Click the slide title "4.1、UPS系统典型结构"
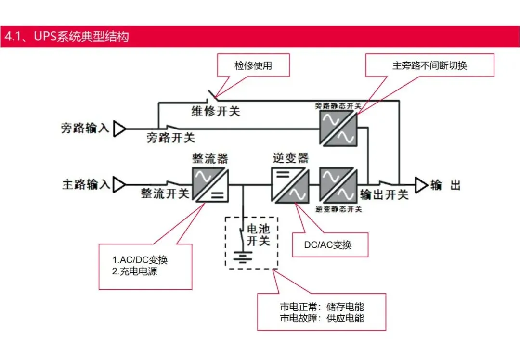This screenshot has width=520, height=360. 66,37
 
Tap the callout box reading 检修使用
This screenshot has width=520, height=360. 253,65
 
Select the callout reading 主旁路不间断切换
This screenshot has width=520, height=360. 429,65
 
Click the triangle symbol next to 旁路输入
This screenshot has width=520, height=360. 119,129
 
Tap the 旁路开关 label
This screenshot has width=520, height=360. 171,138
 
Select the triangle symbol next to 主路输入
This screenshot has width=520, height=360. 119,184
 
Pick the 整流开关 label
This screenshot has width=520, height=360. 165,193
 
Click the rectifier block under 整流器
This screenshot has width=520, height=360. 210,184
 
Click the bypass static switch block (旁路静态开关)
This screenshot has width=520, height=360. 338,128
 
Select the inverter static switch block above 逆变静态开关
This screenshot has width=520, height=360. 338,184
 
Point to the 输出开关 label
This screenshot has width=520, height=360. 384,194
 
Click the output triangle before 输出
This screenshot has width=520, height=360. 421,184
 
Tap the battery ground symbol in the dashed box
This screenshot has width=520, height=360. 243,256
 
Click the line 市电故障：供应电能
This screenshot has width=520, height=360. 322,318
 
